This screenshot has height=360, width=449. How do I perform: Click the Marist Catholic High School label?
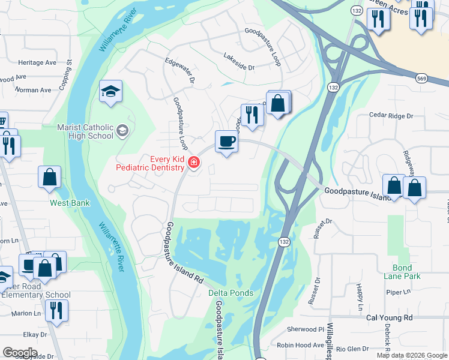[85, 131]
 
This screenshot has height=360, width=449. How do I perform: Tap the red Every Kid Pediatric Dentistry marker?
[193, 162]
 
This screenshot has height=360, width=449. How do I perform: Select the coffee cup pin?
[226, 142]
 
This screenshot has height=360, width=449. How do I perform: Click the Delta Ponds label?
[231, 293]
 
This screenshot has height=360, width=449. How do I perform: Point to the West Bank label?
[70, 203]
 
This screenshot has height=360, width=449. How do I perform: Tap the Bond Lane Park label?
[402, 272]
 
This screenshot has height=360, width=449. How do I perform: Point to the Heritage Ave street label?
[37, 62]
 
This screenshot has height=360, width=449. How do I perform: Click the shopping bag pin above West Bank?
[49, 177]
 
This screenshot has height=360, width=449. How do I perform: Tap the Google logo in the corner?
[20, 353]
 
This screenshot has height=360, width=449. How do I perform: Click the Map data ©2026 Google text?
[412, 355]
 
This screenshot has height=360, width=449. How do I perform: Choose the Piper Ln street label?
[397, 292]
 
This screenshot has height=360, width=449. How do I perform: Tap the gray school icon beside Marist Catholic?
[122, 131]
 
